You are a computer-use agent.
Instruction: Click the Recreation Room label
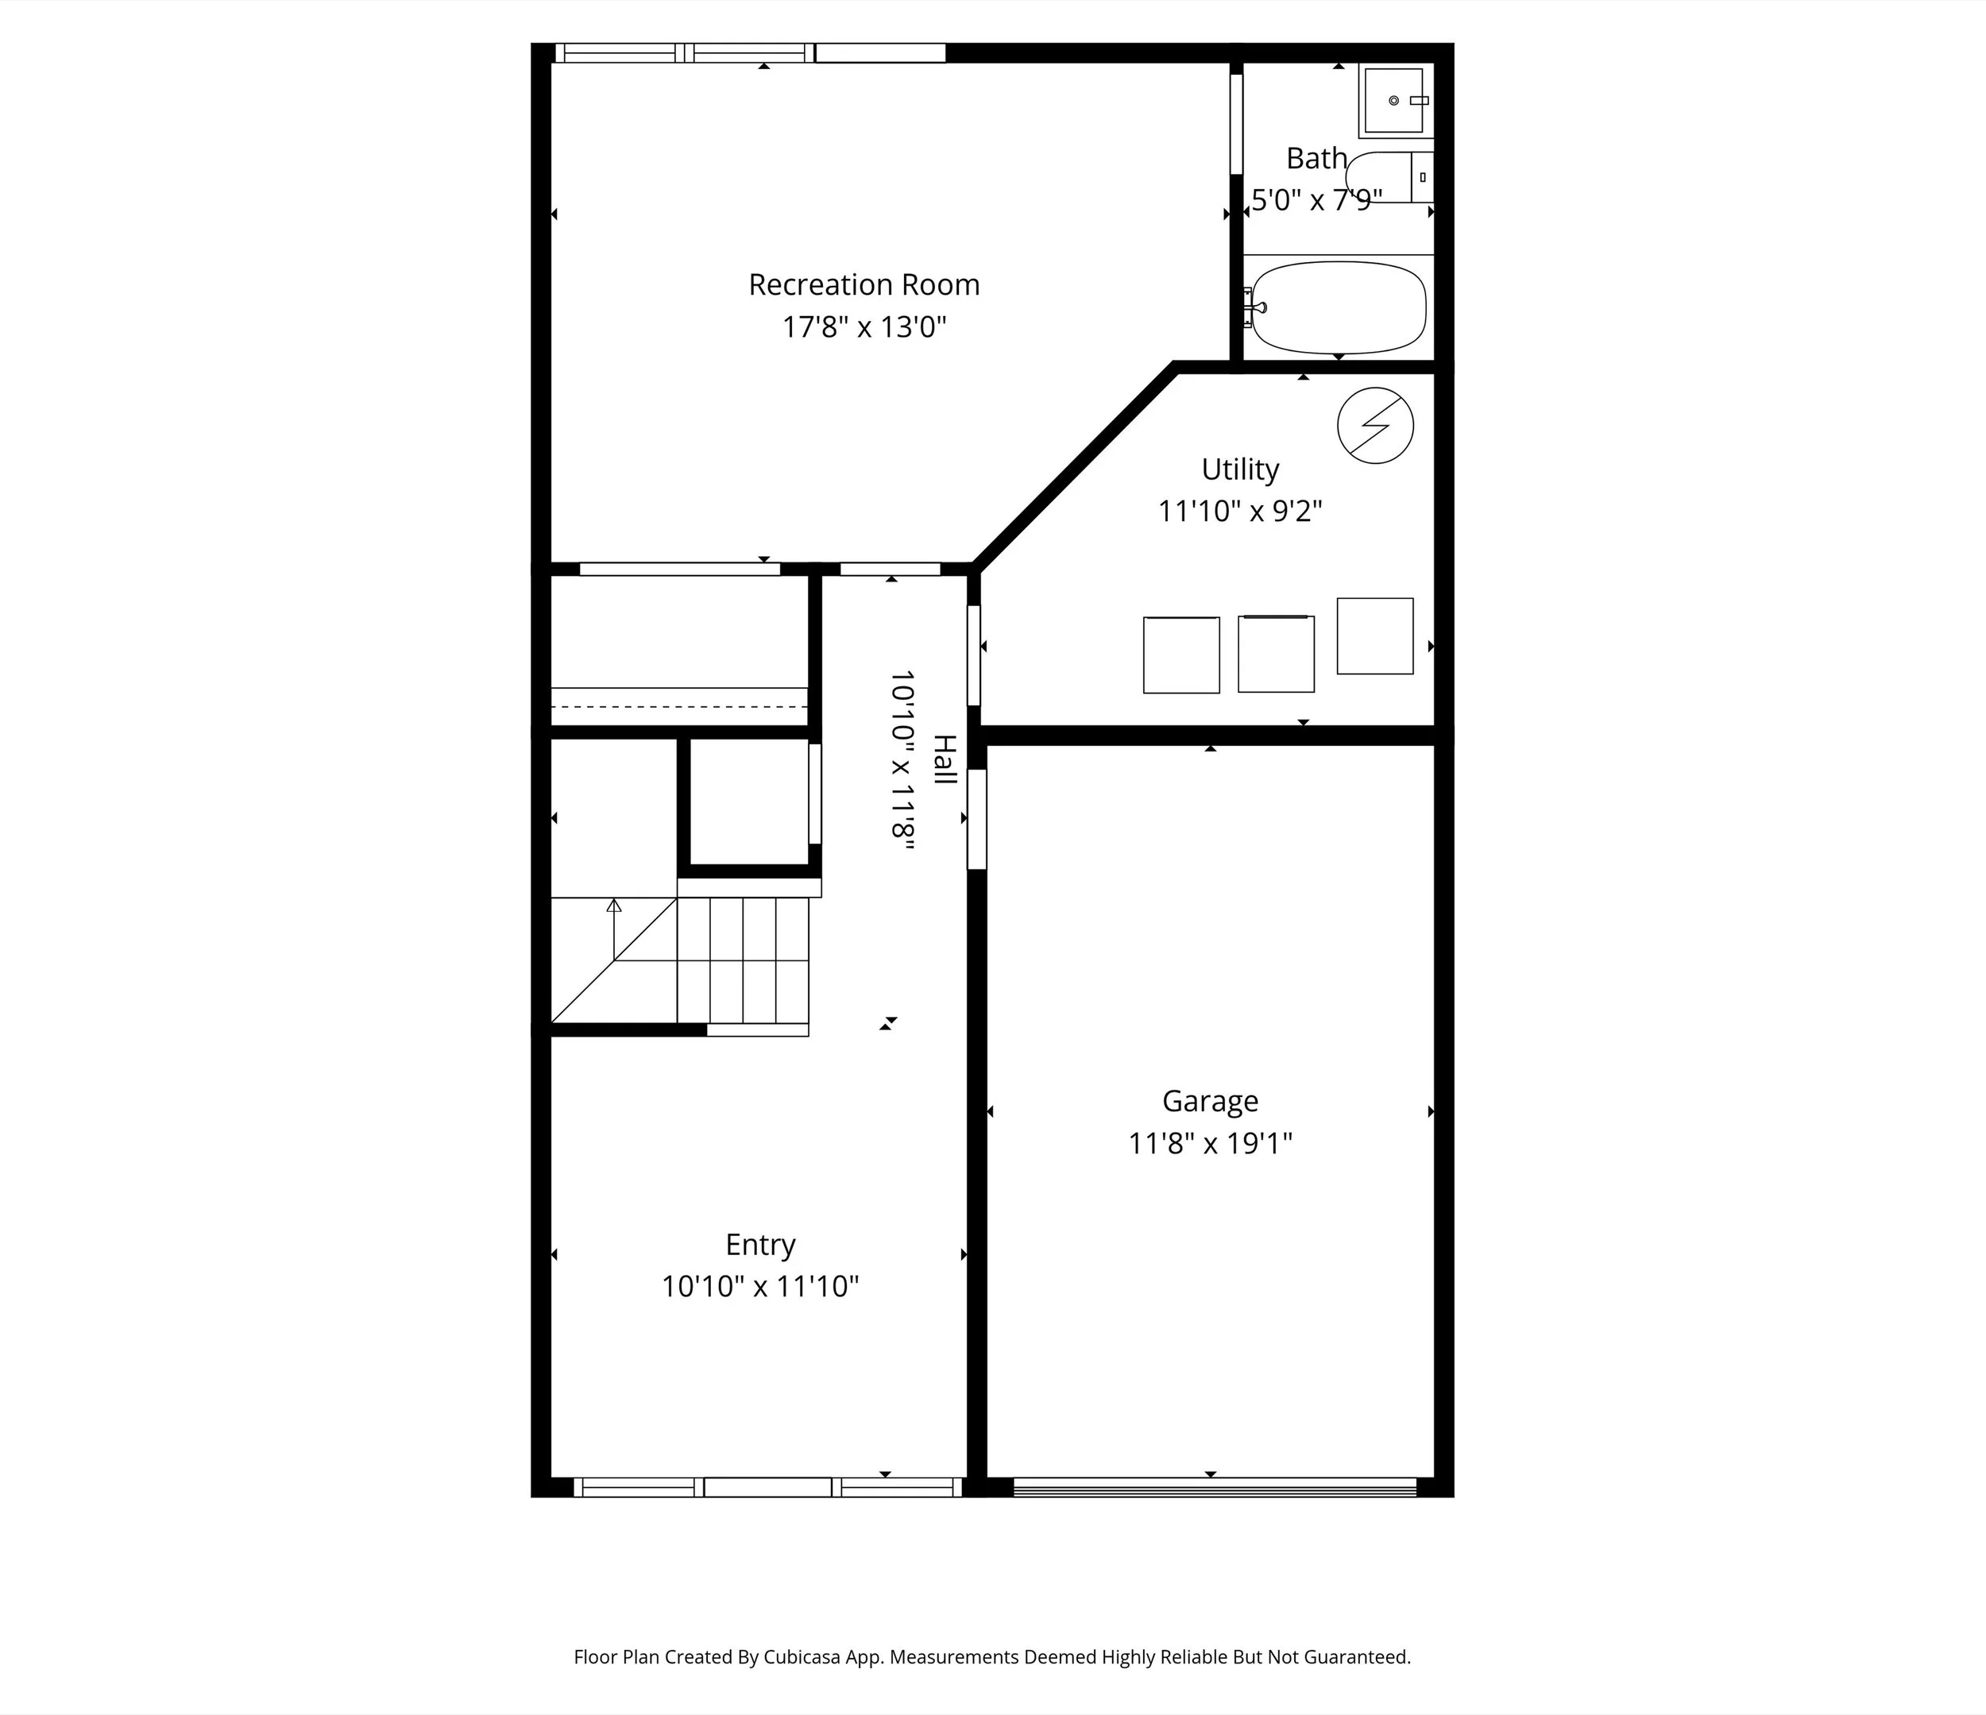click(864, 284)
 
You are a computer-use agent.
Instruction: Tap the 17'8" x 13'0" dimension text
click(864, 327)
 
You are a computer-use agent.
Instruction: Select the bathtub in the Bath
click(1339, 307)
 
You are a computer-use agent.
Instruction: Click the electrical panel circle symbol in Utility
click(1375, 426)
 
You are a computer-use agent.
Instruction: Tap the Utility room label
click(1240, 469)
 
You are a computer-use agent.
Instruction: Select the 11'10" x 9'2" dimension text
click(1240, 511)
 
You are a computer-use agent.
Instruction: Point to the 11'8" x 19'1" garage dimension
click(1210, 1143)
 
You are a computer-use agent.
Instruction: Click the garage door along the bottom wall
click(1215, 1487)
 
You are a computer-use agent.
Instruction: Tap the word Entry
click(760, 1244)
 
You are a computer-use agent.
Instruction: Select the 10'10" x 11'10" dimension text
click(760, 1287)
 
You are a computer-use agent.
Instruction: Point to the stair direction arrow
click(614, 906)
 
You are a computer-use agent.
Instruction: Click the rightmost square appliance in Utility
click(1374, 635)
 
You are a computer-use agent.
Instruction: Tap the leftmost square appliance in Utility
click(1180, 655)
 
